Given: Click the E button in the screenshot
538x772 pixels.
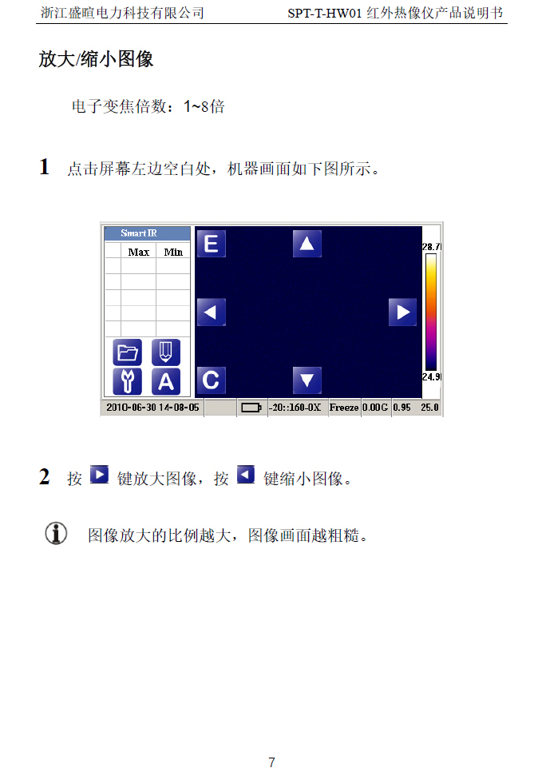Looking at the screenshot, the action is point(211,244).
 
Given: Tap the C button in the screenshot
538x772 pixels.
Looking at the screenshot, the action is point(211,380).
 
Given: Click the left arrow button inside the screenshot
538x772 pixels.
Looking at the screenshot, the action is point(211,312).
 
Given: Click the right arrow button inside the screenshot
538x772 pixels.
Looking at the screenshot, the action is point(402,312).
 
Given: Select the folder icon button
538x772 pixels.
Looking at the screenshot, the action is point(128,352).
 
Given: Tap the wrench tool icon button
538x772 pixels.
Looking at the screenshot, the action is point(128,381).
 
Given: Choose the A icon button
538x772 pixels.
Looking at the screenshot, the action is point(166,381).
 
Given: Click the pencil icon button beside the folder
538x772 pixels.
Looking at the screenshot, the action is point(166,352).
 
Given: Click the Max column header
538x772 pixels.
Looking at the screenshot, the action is point(139,252).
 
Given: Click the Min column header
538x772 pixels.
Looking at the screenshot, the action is point(173,252).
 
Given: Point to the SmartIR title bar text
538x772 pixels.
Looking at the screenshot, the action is point(139,233).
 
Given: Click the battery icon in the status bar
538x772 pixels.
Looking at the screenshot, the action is point(251,408).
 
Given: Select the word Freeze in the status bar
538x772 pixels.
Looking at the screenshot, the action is point(344,408).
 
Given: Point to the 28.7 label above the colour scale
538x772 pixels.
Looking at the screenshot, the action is point(431,247).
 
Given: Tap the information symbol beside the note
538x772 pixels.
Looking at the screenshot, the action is point(56,533).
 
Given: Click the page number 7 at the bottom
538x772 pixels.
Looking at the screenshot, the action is point(271,762).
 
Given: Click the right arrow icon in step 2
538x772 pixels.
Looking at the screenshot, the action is point(99,475).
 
